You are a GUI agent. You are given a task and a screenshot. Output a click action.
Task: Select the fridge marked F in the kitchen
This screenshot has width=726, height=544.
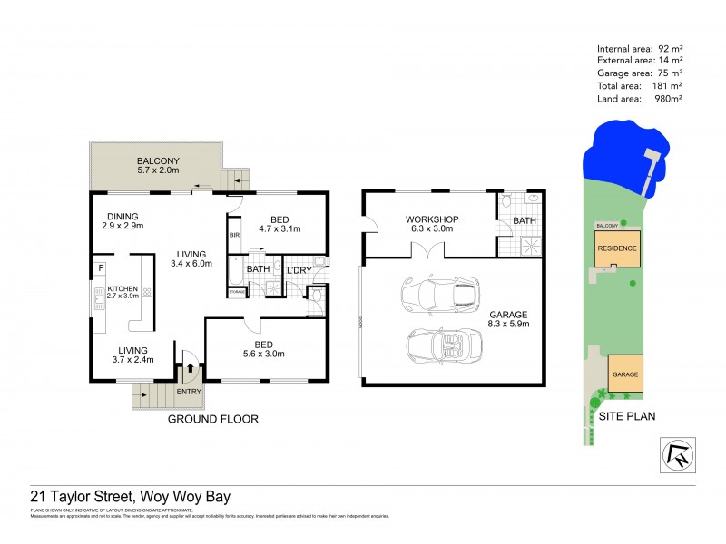coord(100,268)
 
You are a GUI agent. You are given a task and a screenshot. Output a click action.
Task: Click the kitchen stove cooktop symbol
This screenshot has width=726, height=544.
coord(146,292)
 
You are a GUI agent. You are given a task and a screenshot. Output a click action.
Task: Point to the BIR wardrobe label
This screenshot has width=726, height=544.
coord(234,235)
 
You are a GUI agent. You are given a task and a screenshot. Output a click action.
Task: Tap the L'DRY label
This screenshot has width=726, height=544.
coord(299,270)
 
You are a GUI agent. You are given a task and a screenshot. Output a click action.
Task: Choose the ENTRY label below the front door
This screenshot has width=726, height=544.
coord(191,392)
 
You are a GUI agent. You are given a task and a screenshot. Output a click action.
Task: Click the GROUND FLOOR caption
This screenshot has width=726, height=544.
coord(213,419)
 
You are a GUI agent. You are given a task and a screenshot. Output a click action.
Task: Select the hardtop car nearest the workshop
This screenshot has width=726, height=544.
coord(440,292)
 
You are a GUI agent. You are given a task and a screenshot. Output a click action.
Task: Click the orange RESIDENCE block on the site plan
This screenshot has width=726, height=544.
coord(616,248)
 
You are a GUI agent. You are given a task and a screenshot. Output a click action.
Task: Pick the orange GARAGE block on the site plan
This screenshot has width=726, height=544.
coord(624,374)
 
